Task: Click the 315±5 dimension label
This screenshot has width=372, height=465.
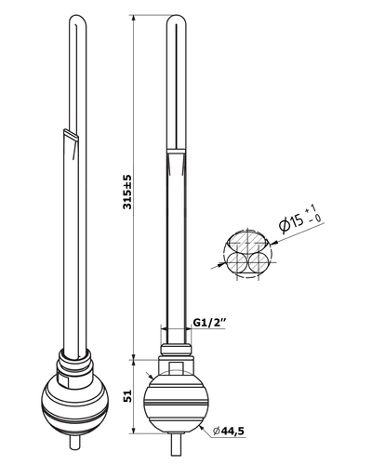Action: (x=127, y=193)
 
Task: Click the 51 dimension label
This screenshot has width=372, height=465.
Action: (x=127, y=396)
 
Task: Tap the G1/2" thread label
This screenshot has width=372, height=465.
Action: (x=209, y=323)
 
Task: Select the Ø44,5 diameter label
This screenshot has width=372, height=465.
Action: (x=229, y=431)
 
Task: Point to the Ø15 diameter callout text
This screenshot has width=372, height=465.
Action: (x=291, y=223)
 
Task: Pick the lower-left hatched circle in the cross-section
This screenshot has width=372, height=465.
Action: (x=236, y=263)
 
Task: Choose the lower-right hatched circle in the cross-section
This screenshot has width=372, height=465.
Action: (x=259, y=263)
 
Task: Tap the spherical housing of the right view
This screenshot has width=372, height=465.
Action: (x=176, y=401)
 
